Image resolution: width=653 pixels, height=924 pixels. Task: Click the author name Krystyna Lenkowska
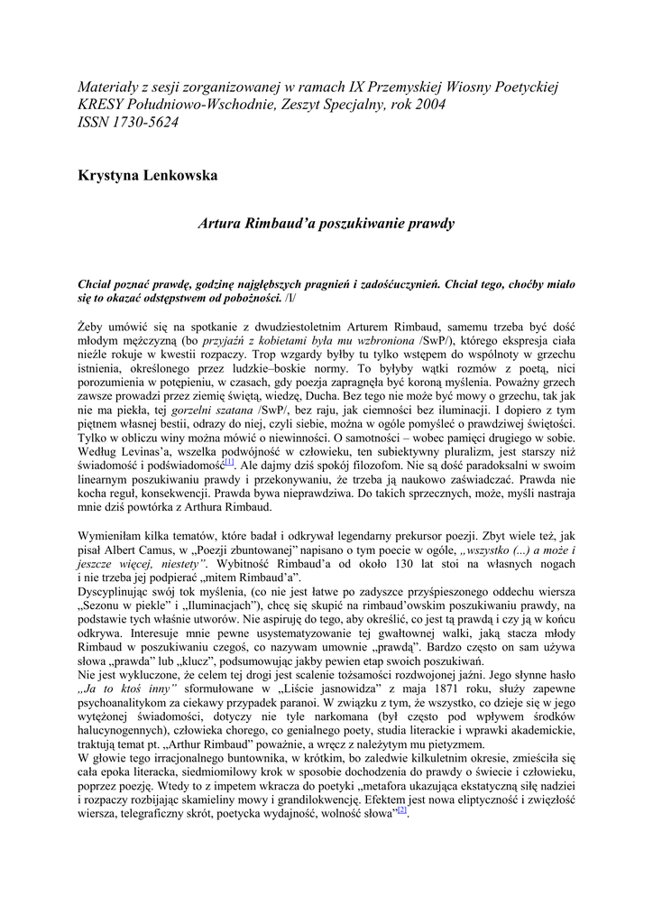tap(148, 175)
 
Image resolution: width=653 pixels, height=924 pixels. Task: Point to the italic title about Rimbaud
tap(326, 223)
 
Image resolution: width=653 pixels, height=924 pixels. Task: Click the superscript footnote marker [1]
tap(230, 461)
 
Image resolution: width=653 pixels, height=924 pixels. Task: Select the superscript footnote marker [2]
tap(403, 809)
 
